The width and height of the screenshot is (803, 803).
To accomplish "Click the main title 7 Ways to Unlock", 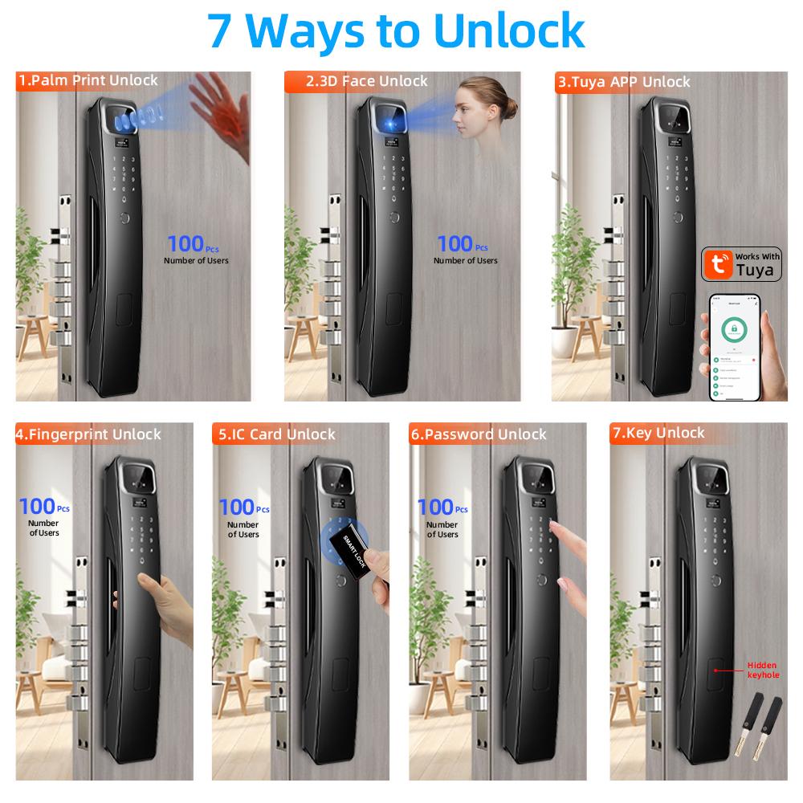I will click(x=396, y=31).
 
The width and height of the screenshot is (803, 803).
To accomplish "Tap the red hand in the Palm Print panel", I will click(x=218, y=108).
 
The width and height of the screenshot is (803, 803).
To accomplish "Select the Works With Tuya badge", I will click(x=743, y=263).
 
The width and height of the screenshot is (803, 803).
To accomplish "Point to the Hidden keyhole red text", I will click(x=762, y=671).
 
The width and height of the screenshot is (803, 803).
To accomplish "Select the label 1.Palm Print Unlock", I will click(x=88, y=80).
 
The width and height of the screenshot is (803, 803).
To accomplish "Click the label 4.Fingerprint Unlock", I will click(x=88, y=434).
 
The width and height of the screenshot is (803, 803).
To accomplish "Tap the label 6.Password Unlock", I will click(x=478, y=434).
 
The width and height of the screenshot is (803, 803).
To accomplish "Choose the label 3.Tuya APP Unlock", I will click(x=624, y=82).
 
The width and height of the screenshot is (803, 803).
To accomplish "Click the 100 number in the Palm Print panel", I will click(x=185, y=243).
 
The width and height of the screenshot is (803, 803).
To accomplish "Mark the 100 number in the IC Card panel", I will click(x=236, y=507).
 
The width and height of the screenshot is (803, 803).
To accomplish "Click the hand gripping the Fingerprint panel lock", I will click(x=165, y=606).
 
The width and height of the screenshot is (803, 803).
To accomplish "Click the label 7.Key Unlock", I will click(x=658, y=433).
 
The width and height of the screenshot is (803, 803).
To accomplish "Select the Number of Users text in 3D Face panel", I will click(x=465, y=260).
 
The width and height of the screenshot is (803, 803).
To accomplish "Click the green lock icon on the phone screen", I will click(x=732, y=328).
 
